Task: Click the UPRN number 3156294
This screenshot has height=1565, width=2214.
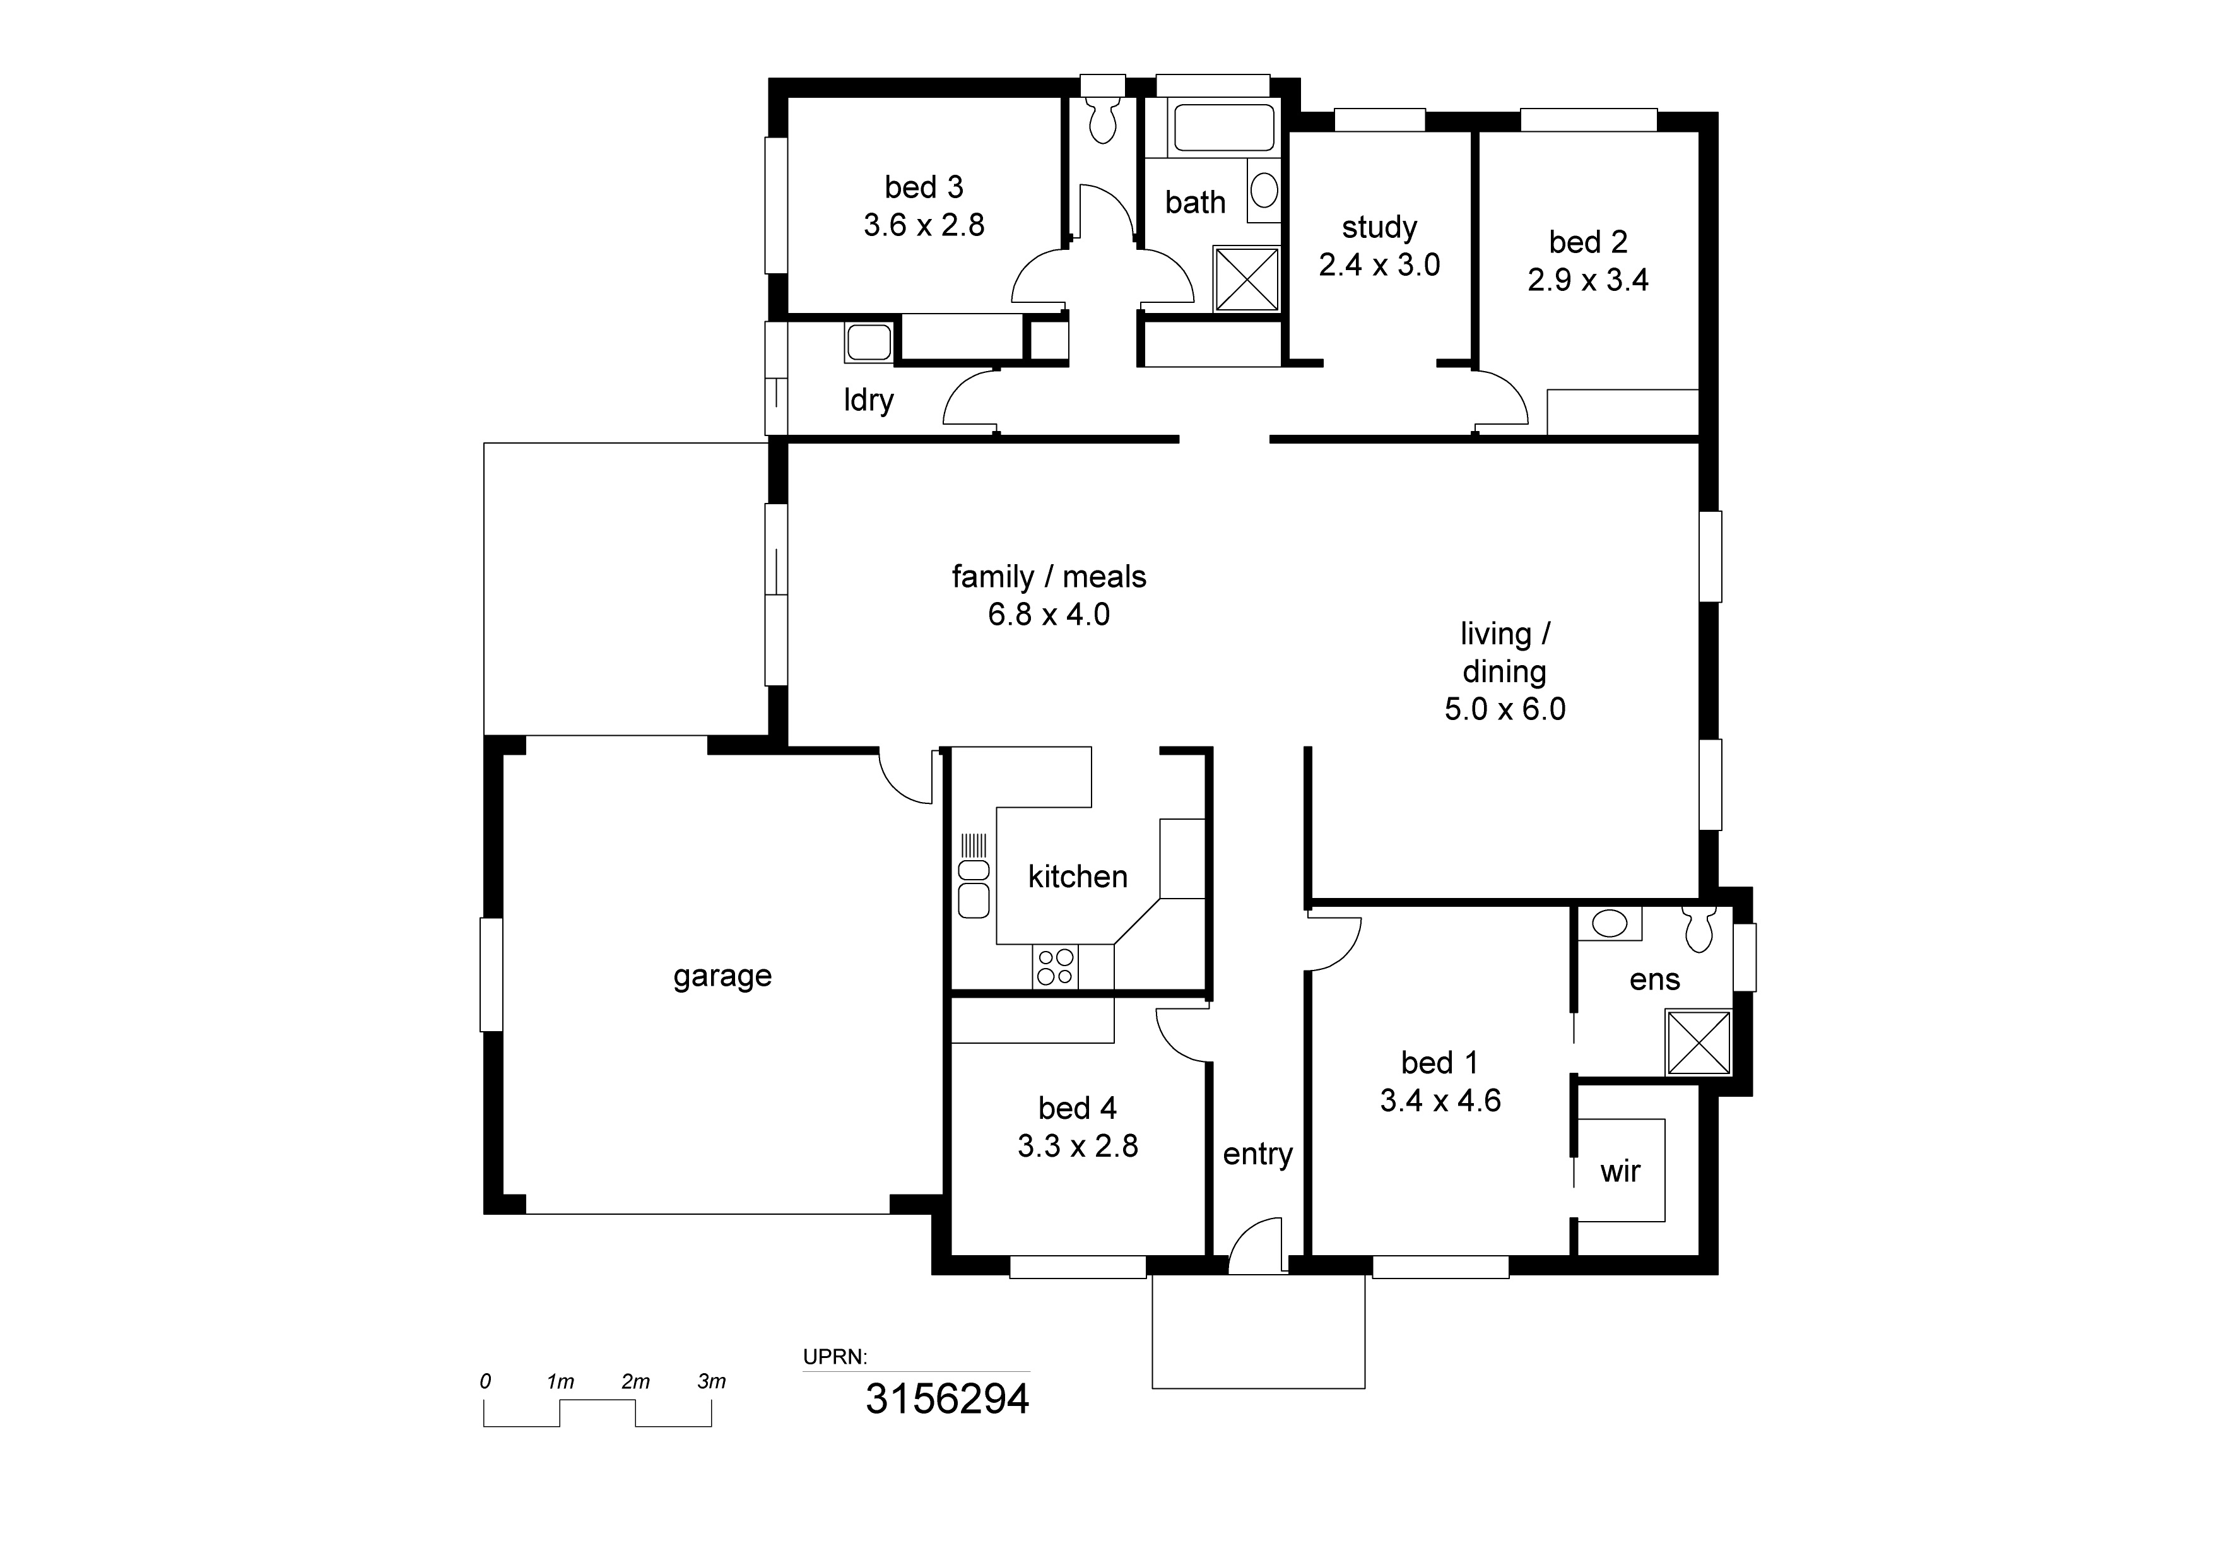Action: point(947,1399)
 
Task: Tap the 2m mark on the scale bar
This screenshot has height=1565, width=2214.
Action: point(635,1382)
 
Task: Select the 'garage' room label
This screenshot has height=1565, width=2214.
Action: point(722,977)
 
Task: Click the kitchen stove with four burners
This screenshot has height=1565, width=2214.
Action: point(1055,967)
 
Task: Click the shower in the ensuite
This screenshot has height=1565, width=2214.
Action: point(1698,1042)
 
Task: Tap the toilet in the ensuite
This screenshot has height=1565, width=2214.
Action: point(1697,928)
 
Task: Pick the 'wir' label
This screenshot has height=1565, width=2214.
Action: point(1620,1172)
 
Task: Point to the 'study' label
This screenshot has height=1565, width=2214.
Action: point(1379,228)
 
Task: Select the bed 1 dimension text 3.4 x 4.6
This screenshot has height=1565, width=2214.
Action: point(1440,1100)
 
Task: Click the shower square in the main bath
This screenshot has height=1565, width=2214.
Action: point(1246,279)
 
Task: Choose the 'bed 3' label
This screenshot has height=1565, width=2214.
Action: point(924,186)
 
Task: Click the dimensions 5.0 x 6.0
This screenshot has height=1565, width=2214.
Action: point(1504,710)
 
